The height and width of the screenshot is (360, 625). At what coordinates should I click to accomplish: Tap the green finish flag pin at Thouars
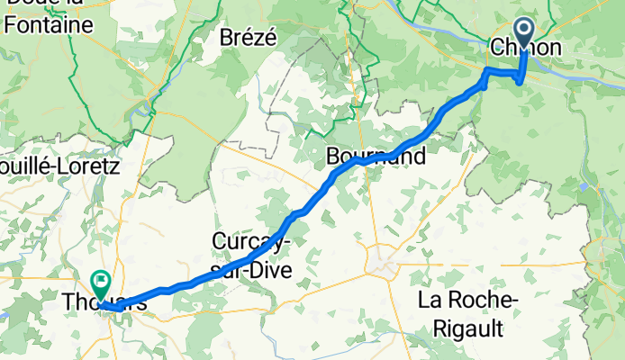click(x=99, y=281)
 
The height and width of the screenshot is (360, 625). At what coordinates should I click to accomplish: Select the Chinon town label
click(x=526, y=48)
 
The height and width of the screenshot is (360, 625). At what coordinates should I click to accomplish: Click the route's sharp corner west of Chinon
click(x=487, y=70)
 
